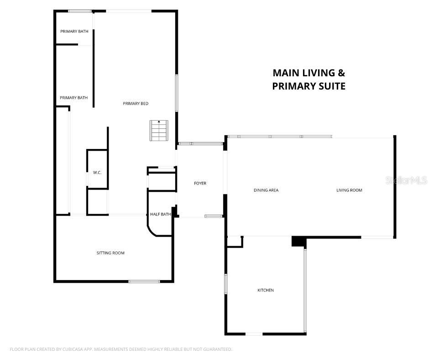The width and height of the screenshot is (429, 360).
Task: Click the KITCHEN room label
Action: coord(266,291)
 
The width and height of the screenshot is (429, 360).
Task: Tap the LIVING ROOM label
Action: coord(349,190)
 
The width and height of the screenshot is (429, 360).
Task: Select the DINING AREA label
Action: coord(266,190)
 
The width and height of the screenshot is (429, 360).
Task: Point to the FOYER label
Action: coord(200,183)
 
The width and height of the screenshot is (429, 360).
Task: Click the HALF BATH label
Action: coord(161,214)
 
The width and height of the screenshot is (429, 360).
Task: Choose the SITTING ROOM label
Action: coord(110,253)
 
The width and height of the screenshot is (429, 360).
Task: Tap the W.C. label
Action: coord(97,173)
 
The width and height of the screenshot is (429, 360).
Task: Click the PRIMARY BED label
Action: coord(136,104)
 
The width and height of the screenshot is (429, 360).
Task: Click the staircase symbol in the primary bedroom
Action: coord(159,131)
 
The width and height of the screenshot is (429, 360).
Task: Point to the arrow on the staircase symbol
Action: coord(159,122)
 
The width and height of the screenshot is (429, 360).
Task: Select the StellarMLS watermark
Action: coord(406,180)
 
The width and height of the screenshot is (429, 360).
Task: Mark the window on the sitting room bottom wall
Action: coord(144,281)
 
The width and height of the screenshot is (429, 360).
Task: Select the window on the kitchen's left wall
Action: coord(225,284)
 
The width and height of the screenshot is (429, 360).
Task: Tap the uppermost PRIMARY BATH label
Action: coord(74,32)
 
